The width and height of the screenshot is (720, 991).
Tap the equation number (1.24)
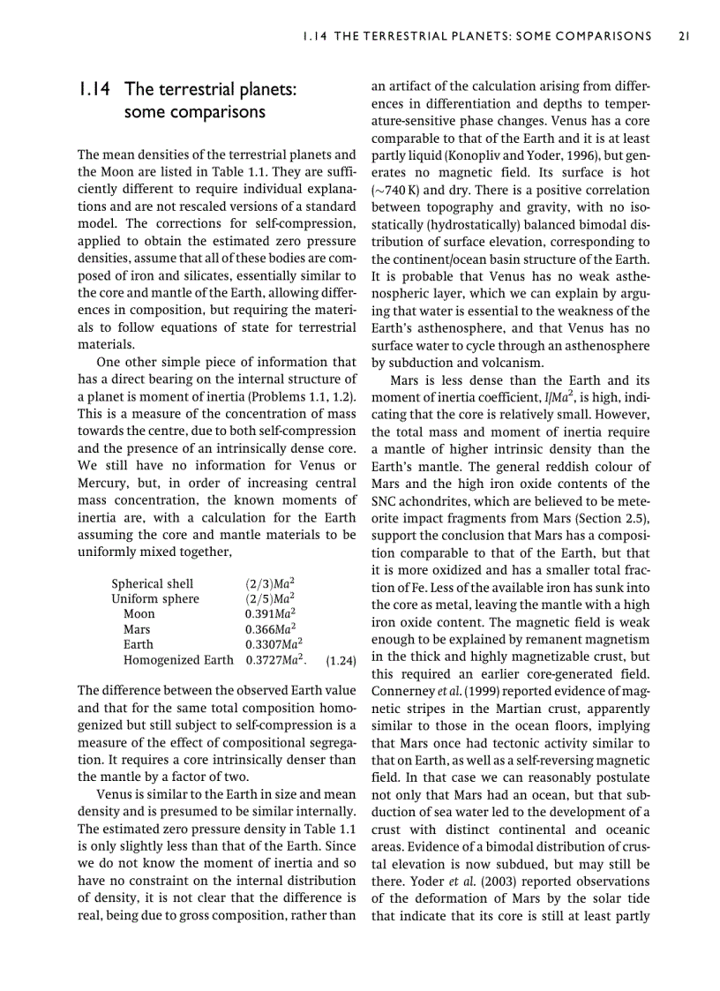point(340,660)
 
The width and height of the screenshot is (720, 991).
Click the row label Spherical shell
point(152,583)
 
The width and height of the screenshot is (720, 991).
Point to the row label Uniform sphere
point(155,598)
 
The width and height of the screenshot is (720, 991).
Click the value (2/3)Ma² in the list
point(269,583)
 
